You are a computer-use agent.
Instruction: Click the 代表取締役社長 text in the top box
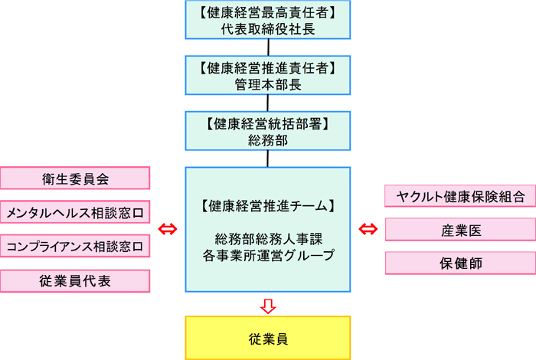pyautogui.click(x=266, y=29)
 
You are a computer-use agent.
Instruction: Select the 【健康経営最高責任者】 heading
pyautogui.click(x=266, y=12)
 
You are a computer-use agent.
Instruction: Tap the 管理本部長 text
pyautogui.click(x=266, y=85)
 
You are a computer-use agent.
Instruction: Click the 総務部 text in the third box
pyautogui.click(x=266, y=140)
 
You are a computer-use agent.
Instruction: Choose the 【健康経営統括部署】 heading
pyautogui.click(x=266, y=123)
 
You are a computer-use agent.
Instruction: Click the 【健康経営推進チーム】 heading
pyautogui.click(x=266, y=205)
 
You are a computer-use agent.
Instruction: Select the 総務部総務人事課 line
pyautogui.click(x=266, y=240)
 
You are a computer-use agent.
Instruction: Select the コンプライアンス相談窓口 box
pyautogui.click(x=75, y=246)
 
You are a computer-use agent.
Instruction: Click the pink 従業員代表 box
pyautogui.click(x=75, y=280)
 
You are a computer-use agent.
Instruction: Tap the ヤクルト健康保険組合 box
pyautogui.click(x=460, y=196)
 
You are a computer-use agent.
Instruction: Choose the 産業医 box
pyautogui.click(x=460, y=229)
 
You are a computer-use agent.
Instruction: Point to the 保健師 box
pyautogui.click(x=460, y=262)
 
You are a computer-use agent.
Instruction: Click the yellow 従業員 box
pyautogui.click(x=266, y=337)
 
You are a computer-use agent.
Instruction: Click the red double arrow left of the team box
pyautogui.click(x=167, y=229)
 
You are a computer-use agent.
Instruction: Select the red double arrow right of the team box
pyautogui.click(x=368, y=229)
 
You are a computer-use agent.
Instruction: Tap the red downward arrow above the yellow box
pyautogui.click(x=266, y=305)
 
